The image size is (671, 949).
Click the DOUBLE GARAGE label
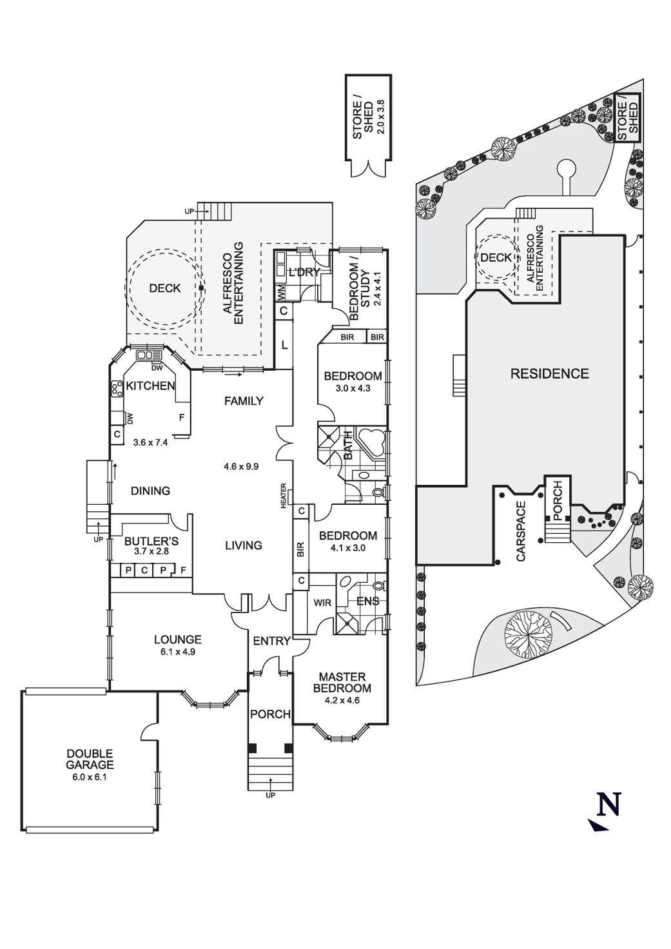click(x=90, y=759)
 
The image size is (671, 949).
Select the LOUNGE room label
click(x=177, y=640)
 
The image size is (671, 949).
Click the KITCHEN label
click(x=150, y=386)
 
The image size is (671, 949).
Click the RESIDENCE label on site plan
click(x=549, y=373)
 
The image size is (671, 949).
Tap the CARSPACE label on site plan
click(x=521, y=530)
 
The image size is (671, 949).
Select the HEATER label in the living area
click(x=284, y=496)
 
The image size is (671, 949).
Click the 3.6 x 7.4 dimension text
click(x=150, y=442)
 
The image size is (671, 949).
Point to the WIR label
click(x=322, y=603)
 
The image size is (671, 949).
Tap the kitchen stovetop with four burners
click(x=118, y=389)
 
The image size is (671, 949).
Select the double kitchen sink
click(x=146, y=355)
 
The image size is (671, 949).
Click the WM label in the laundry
click(x=282, y=293)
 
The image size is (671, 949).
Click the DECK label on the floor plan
click(x=164, y=288)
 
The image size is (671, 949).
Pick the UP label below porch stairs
click(x=270, y=796)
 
